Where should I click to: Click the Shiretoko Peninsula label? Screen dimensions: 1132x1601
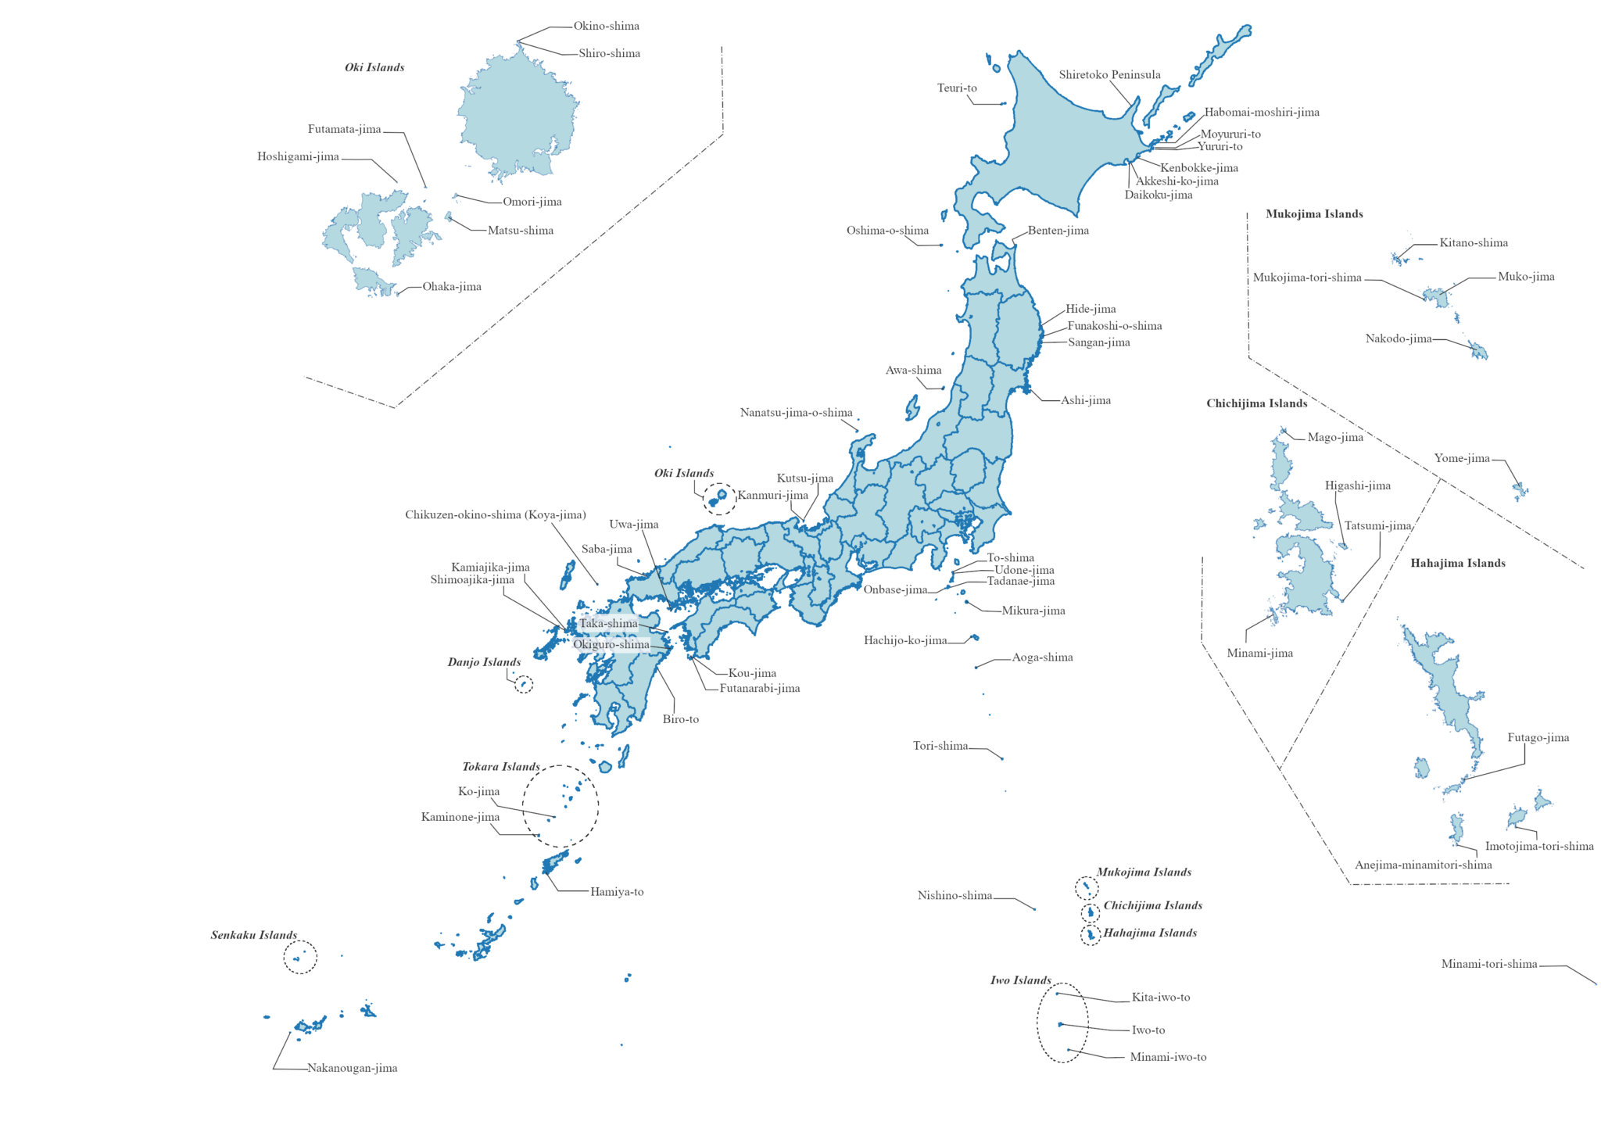1109,75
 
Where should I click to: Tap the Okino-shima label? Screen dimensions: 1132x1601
606,26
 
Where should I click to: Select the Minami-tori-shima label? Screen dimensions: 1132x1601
1488,964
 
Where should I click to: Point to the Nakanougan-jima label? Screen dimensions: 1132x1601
352,1068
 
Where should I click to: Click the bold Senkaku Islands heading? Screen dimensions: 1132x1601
254,935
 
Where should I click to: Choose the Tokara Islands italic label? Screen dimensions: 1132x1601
501,767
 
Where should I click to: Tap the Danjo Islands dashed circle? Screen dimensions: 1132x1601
524,685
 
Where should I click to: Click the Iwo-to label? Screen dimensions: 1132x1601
1148,1030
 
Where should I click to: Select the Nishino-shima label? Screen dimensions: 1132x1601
955,896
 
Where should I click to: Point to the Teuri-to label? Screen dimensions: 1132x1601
957,88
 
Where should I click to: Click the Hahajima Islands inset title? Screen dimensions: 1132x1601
1457,564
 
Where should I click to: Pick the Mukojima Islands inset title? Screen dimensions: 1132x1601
1314,214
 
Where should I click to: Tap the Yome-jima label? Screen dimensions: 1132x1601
1462,458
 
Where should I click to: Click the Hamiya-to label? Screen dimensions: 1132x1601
617,892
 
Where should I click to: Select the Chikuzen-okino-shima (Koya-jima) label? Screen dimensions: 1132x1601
495,515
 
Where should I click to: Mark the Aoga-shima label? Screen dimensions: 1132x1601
1042,657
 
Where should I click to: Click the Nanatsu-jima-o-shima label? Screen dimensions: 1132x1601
796,413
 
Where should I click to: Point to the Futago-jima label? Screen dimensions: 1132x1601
1538,738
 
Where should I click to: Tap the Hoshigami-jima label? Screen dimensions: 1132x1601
298,157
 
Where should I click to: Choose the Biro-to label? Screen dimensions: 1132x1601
680,719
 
